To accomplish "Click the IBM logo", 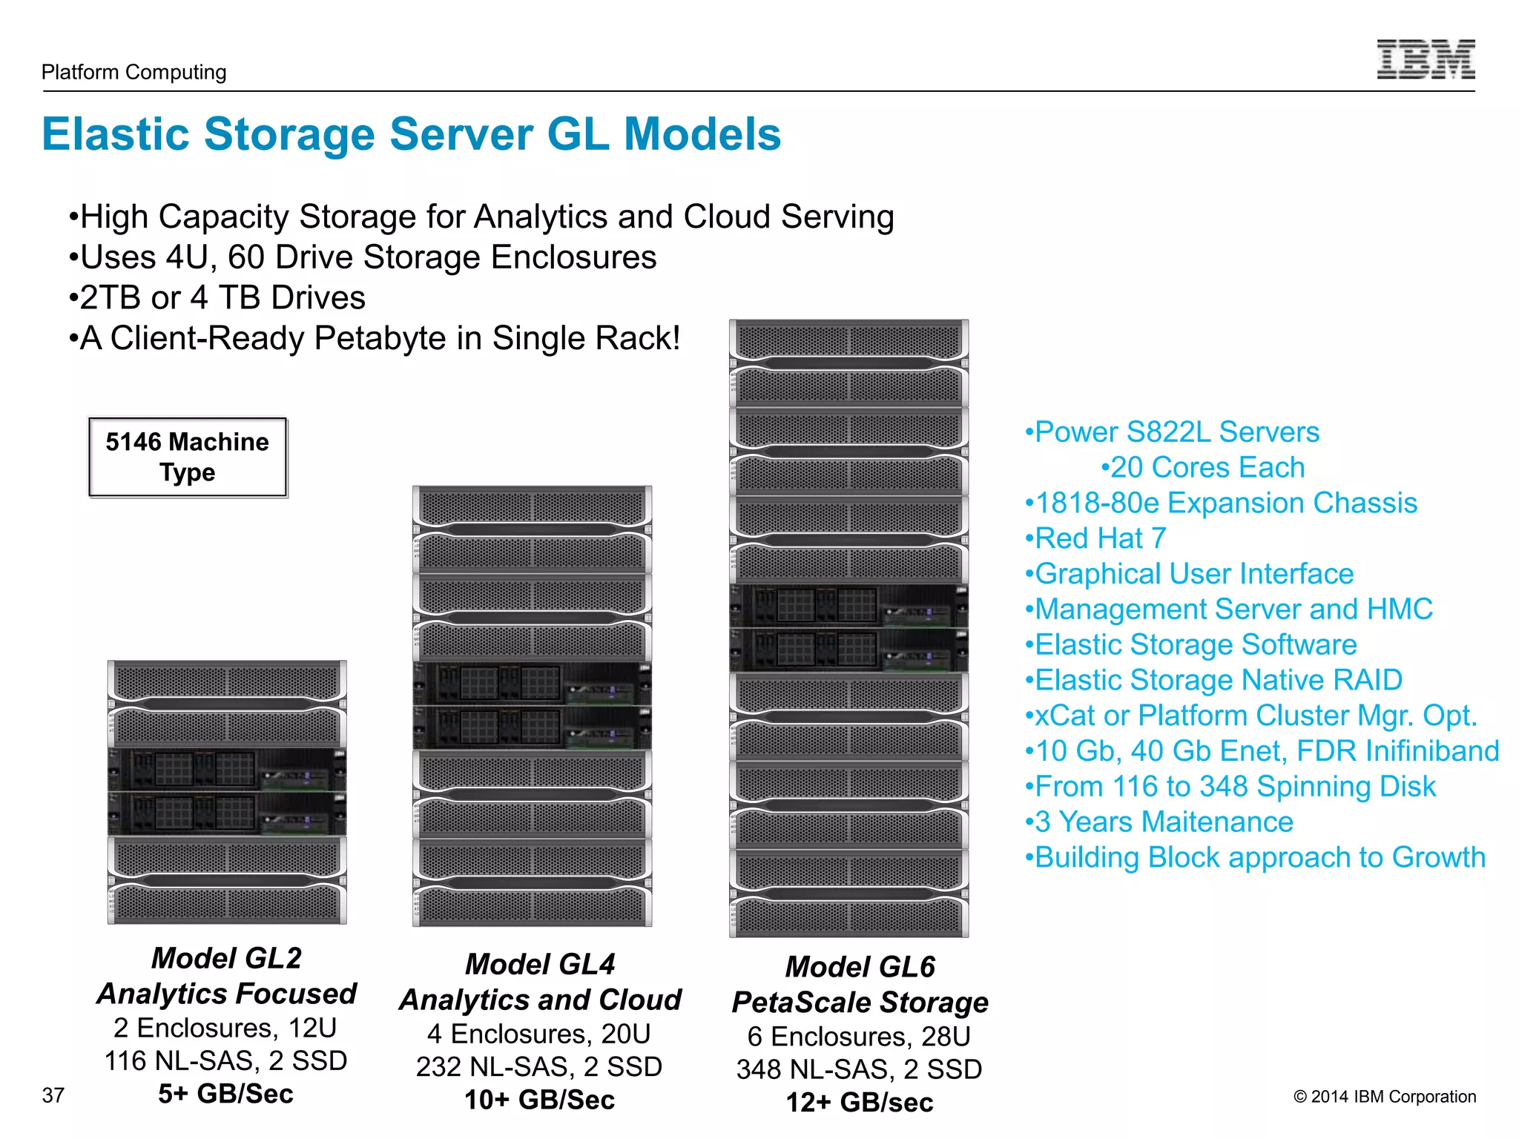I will click(x=1426, y=59).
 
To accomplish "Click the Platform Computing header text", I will click(x=134, y=72).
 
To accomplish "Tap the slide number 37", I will click(x=53, y=1095).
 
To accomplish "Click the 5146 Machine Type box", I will click(x=188, y=457).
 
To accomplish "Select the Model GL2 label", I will click(x=226, y=958).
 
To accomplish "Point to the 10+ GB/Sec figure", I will click(x=539, y=1100).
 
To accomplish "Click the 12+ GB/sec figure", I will click(x=859, y=1103).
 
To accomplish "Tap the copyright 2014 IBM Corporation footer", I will click(x=1384, y=1097).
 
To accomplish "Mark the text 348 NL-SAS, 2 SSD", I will click(x=859, y=1069).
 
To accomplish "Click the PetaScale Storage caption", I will click(x=860, y=1003).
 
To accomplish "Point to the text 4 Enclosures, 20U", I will click(x=539, y=1034).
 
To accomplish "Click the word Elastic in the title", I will click(x=116, y=135).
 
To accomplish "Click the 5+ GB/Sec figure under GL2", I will click(x=225, y=1094).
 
